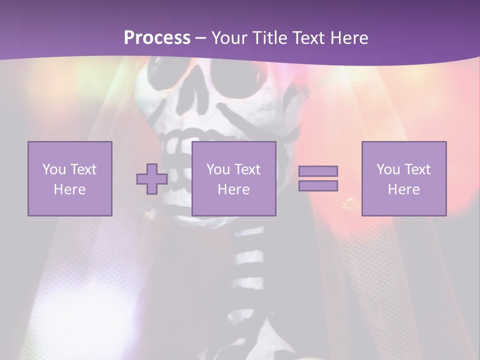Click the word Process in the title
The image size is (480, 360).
pos(157,37)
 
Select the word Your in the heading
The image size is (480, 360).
pos(228,37)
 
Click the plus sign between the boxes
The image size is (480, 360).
pos(152,179)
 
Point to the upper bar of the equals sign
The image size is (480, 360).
pos(318,171)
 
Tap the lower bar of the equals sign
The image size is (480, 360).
pos(318,185)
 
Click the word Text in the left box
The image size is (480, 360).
pos(83,169)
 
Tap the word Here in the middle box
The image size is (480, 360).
pos(234,189)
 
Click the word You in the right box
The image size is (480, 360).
pos(388,169)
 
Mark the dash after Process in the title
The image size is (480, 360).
pos(200,38)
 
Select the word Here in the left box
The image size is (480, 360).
pos(70,189)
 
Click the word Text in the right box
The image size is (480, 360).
pos(417,169)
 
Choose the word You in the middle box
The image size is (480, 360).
pos(218,169)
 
